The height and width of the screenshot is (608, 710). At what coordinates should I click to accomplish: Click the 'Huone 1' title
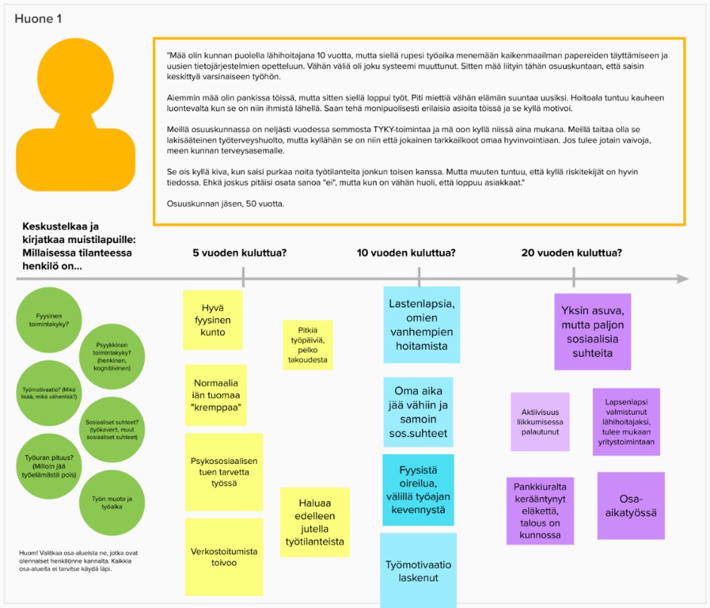[x=38, y=19]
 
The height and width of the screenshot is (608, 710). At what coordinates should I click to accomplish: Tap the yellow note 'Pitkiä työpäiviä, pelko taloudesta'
[x=307, y=345]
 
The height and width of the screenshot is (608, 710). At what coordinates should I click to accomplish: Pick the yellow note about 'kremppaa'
[x=215, y=395]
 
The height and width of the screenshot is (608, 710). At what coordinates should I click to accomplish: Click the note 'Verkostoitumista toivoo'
[x=223, y=556]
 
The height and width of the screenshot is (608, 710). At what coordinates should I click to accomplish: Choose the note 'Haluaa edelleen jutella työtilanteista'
[x=314, y=522]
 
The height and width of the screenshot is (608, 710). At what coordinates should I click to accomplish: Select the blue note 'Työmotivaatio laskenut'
[x=418, y=571]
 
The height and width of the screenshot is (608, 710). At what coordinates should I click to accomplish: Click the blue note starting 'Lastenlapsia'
[x=421, y=324]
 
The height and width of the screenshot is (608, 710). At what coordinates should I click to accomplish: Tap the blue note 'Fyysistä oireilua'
[x=418, y=489]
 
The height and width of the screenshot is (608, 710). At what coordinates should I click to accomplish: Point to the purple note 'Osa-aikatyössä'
[x=631, y=506]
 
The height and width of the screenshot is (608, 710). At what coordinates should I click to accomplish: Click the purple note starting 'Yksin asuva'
[x=592, y=331]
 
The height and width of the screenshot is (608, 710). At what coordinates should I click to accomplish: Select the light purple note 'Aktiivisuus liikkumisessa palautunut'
[x=540, y=422]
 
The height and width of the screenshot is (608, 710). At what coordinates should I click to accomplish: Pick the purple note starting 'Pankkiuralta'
[x=540, y=510]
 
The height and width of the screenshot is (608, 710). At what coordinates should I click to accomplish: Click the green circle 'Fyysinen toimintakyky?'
[x=48, y=319]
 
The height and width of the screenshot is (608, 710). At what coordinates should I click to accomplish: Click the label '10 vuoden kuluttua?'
[x=406, y=252]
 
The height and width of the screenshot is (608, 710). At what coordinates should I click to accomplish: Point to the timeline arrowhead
[x=682, y=279]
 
